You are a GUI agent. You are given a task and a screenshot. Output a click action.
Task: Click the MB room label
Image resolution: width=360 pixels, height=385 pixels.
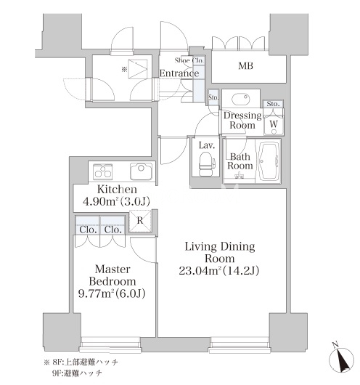pos(245,66)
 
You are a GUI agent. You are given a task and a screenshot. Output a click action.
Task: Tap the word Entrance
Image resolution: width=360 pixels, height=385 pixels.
pos(179,73)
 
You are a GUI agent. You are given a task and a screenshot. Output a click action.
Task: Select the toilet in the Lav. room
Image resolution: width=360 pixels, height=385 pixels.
pos(205,164)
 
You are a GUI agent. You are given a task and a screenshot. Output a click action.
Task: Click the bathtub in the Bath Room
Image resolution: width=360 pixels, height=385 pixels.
pos(268,161)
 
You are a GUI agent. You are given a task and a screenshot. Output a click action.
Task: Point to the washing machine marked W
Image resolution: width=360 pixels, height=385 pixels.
pos(274,125)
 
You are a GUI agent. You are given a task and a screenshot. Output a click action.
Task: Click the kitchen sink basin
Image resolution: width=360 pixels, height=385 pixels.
pos(141,171)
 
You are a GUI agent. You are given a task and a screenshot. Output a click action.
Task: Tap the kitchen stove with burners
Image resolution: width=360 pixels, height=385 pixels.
pos(103,171)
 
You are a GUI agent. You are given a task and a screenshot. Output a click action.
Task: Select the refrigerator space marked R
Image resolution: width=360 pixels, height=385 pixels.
pos(140,222)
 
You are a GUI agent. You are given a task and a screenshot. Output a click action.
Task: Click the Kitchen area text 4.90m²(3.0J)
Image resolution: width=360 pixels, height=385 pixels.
pos(116,201)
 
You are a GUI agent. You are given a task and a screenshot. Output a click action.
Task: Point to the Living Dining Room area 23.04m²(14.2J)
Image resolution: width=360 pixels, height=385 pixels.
pos(219,271)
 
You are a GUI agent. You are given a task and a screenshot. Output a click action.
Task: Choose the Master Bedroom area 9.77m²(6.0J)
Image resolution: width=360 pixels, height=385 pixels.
pos(112,293)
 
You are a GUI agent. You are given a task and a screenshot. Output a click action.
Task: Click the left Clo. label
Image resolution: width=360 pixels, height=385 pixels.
pos(87,230)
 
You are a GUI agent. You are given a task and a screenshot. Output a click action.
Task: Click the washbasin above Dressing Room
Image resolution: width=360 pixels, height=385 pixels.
pos(240,99)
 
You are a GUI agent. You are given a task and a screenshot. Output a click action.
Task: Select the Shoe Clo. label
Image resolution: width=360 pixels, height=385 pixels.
pos(189,60)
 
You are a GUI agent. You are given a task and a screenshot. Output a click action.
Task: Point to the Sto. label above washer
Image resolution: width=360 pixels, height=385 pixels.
pos(273,104)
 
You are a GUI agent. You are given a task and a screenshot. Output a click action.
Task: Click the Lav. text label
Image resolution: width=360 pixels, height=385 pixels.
pos(207,145)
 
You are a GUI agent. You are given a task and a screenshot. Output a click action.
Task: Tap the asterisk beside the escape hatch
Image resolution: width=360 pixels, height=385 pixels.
pos(124,70)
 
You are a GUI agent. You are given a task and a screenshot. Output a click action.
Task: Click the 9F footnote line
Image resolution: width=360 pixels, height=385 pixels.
pos(77,373)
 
